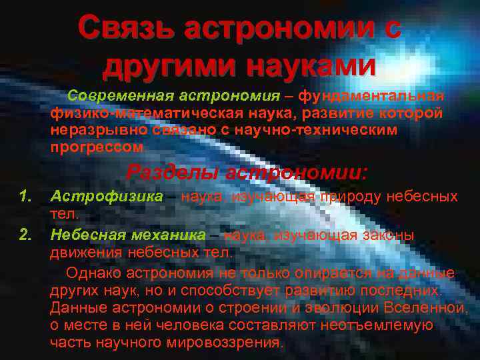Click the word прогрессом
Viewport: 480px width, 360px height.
pyautogui.click(x=96, y=146)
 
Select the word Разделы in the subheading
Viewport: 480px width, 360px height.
pyautogui.click(x=172, y=173)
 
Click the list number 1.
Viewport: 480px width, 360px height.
pyautogui.click(x=25, y=197)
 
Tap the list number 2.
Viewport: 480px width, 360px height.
pyautogui.click(x=25, y=235)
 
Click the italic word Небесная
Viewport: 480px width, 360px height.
pyautogui.click(x=89, y=235)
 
